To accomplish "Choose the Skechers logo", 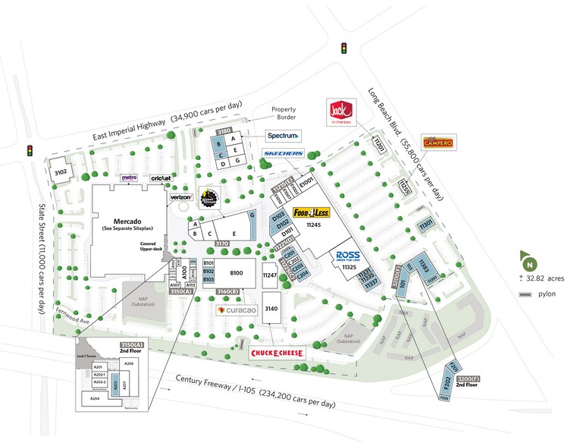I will (x=284, y=154).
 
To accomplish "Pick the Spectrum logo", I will (x=283, y=136).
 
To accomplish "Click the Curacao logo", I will (x=237, y=310).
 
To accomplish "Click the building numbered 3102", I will (x=61, y=172).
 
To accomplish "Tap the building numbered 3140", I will (x=272, y=309).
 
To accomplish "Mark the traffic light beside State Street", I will (x=31, y=150).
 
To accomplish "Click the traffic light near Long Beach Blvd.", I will (x=343, y=48).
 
